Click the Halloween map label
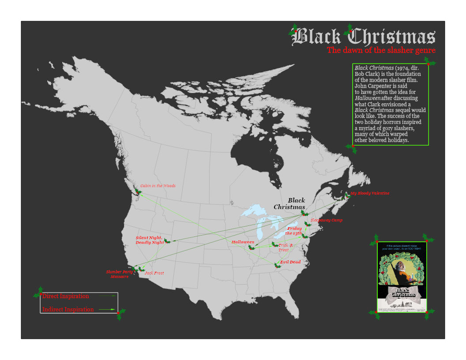click(243, 242)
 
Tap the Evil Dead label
click(290, 262)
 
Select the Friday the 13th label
click(294, 231)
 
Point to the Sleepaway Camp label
click(326, 220)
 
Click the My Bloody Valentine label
click(370, 193)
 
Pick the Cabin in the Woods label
click(158, 186)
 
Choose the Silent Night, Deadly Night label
click(150, 240)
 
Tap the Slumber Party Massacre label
click(120, 274)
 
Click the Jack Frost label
click(154, 273)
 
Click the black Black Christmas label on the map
click(290, 203)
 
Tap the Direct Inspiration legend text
click(66, 296)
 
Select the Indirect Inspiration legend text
click(68, 310)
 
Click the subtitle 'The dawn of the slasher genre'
click(381, 50)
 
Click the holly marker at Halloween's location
click(252, 247)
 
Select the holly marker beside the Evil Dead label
click(277, 265)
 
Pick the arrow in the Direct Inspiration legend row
click(108, 296)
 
